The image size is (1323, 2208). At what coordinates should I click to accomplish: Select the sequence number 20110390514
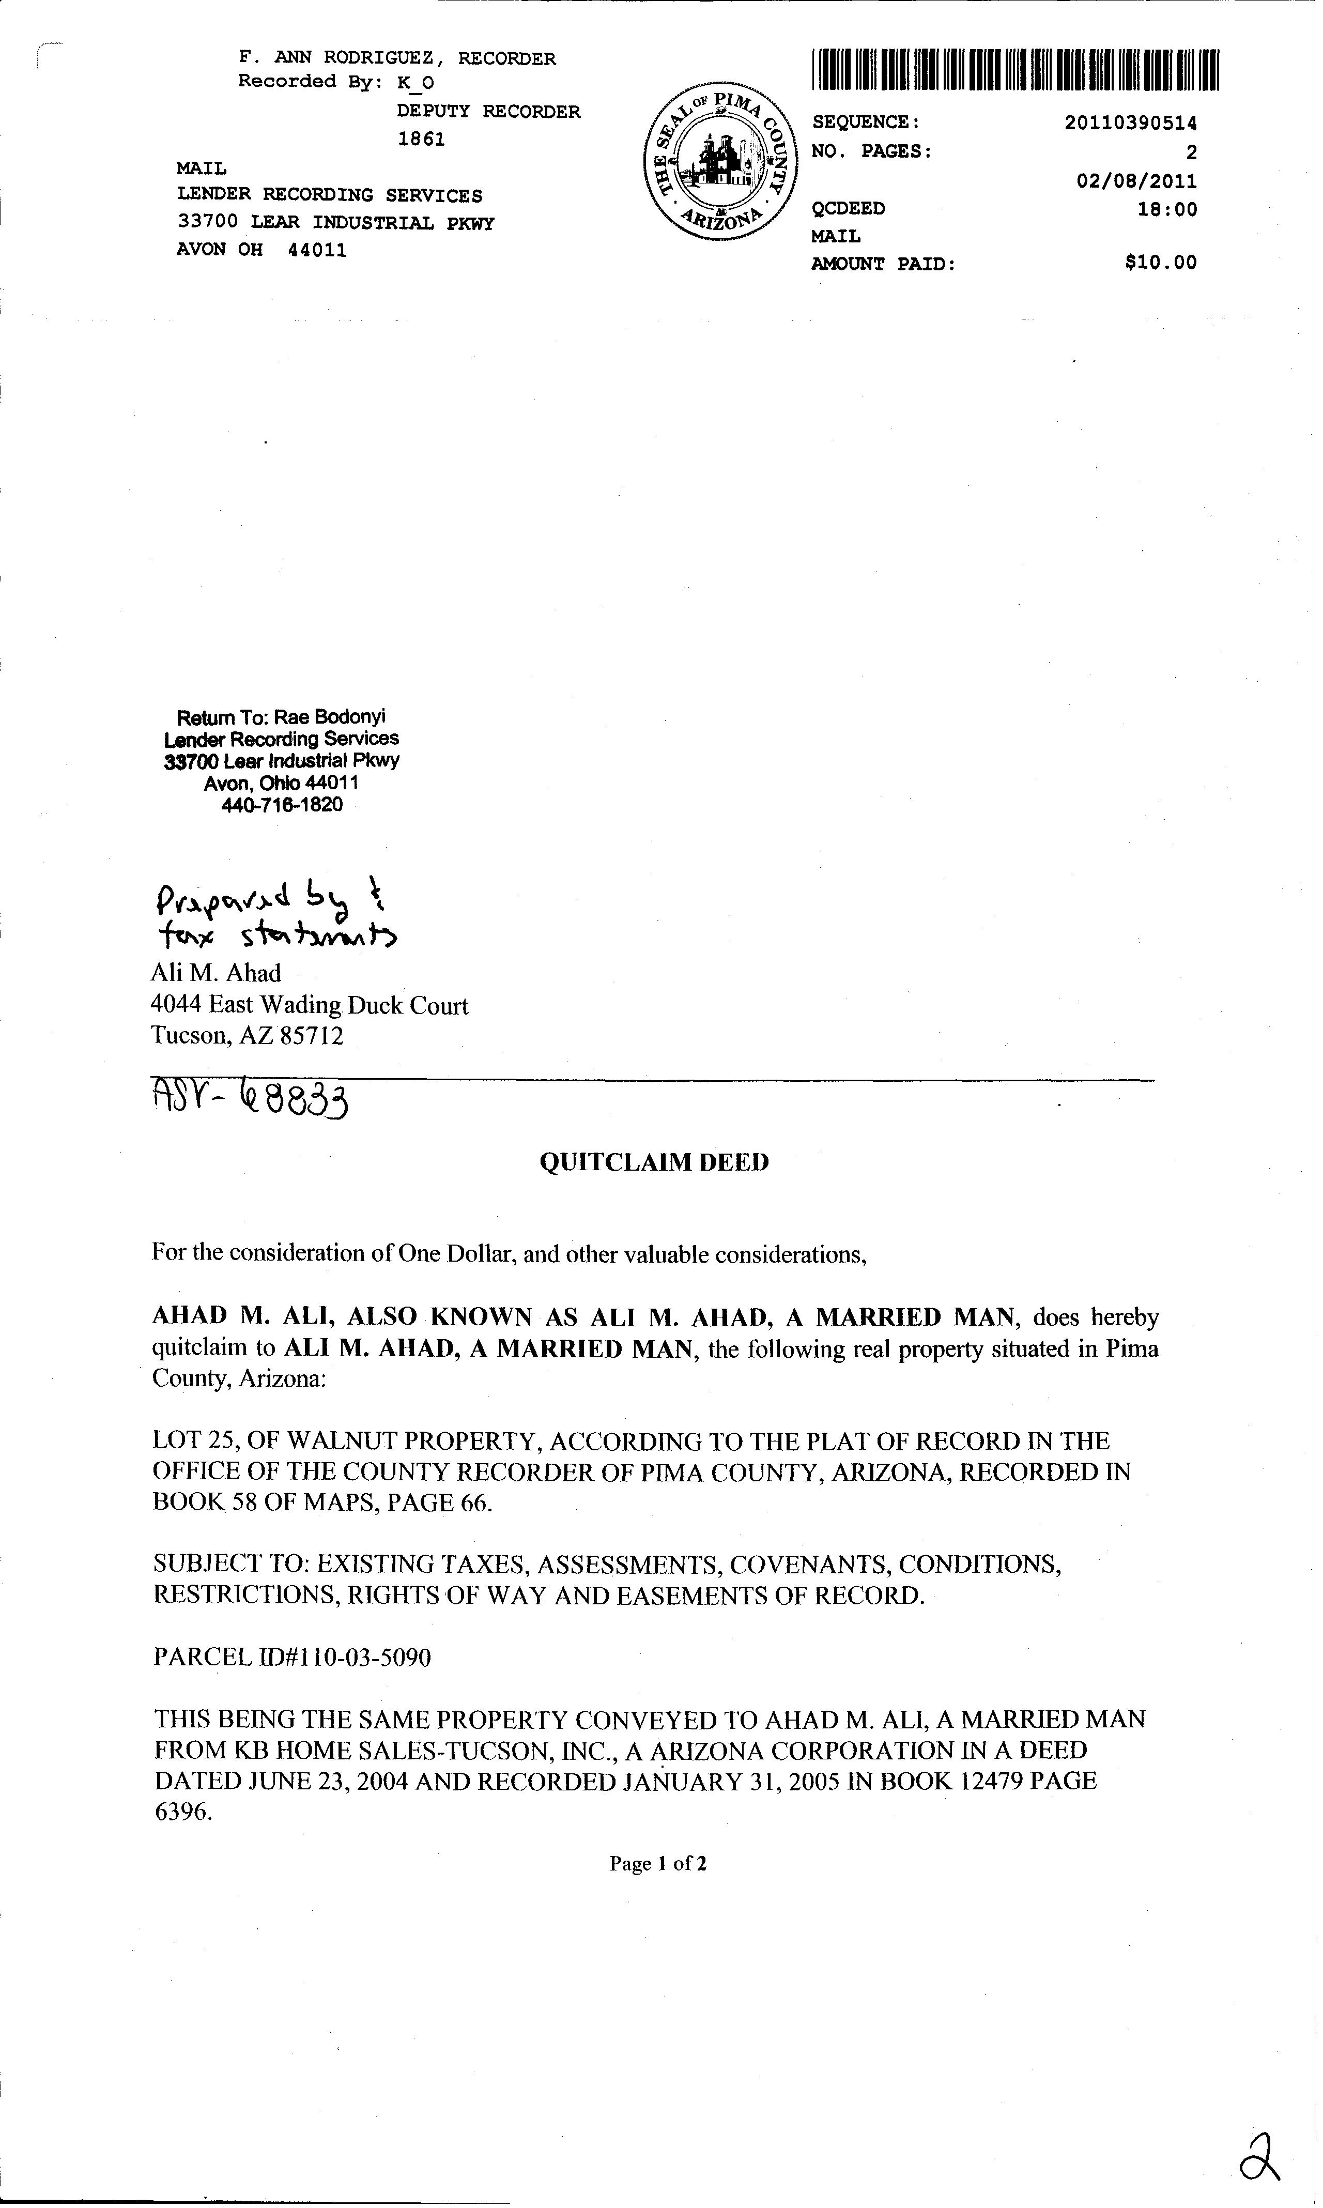(1130, 123)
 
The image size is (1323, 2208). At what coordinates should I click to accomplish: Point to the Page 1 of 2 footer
(658, 1863)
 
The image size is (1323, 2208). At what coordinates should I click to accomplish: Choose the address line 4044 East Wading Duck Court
(310, 1005)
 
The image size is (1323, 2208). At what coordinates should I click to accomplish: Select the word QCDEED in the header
(848, 209)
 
